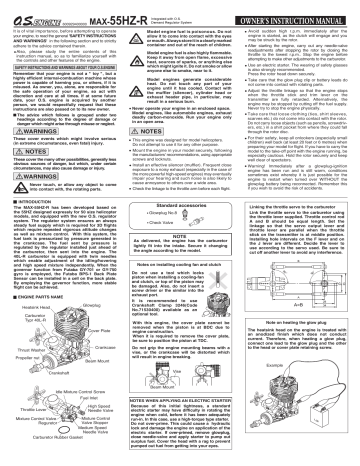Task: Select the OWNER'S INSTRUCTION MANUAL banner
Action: pyautogui.click(x=301, y=8)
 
